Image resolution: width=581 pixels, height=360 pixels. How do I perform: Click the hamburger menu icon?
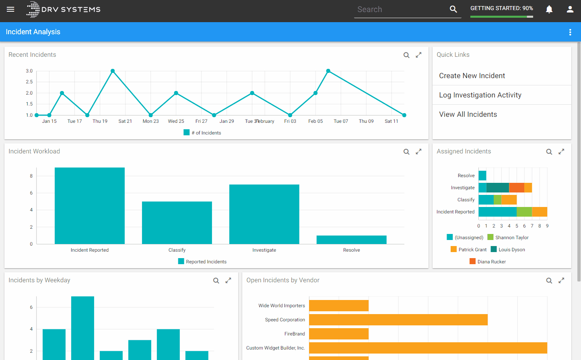pos(10,9)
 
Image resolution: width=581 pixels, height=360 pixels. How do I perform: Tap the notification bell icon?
pos(549,9)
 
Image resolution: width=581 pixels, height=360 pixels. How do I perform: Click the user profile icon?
pos(570,9)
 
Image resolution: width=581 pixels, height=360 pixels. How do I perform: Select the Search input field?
pos(401,9)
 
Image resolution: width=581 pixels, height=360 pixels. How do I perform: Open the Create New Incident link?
pos(472,76)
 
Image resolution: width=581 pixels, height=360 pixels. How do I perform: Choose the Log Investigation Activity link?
pos(480,95)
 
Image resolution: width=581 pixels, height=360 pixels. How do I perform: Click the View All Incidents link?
pos(468,114)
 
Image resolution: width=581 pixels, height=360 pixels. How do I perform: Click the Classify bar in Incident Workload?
pos(177,223)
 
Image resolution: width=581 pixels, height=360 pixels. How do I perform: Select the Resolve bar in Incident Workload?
pos(351,240)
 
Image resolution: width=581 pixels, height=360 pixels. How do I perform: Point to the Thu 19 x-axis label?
pos(100,121)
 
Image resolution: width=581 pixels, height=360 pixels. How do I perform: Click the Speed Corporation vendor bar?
pos(398,320)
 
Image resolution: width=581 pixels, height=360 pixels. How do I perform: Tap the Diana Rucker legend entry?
pos(488,261)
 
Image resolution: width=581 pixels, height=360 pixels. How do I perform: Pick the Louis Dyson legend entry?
pos(508,249)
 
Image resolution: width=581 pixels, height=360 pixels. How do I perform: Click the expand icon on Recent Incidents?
pos(418,55)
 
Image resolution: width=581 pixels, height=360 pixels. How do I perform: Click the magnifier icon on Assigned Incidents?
pos(549,151)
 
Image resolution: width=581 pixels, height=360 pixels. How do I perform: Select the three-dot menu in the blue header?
pos(570,32)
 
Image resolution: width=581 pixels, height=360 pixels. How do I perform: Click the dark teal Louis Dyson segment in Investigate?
pos(497,188)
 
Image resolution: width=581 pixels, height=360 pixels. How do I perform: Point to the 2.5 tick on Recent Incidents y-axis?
pos(29,82)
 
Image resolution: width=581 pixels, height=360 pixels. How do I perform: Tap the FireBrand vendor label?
pos(295,334)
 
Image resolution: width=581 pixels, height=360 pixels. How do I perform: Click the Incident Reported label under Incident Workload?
pos(89,250)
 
